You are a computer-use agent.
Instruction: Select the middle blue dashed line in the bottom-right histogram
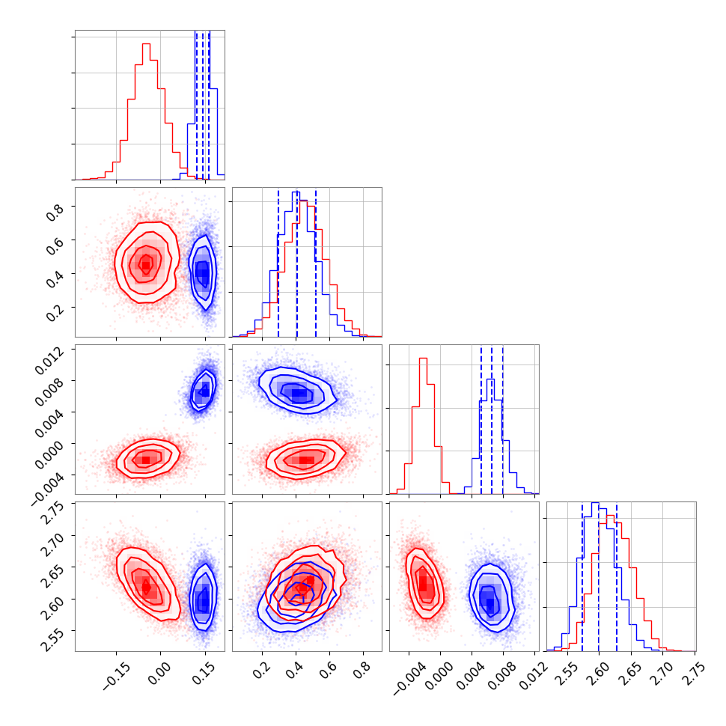(x=599, y=576)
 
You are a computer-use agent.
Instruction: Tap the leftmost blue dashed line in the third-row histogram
(x=481, y=419)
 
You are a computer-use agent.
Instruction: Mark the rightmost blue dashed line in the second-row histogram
(x=316, y=262)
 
